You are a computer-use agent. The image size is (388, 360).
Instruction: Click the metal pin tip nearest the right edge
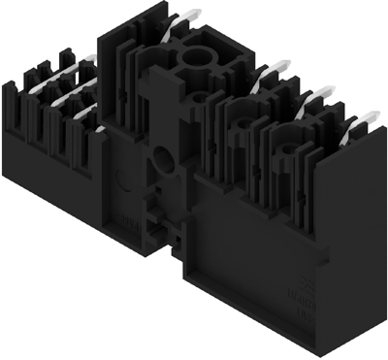[x=368, y=119]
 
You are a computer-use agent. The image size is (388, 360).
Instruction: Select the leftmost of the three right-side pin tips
[x=275, y=68]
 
